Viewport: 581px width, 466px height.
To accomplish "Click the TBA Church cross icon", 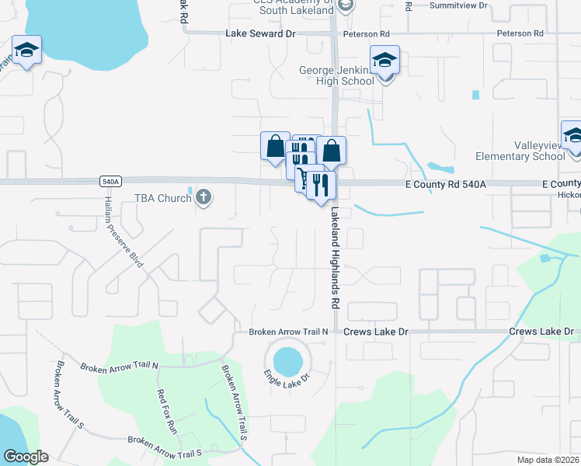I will tap(204, 197).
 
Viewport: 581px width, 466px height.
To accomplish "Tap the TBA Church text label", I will tap(163, 198).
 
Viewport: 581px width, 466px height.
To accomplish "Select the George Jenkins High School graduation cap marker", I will tap(384, 59).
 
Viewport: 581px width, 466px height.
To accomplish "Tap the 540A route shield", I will tap(110, 182).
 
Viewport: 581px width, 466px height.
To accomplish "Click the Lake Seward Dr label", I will tap(261, 34).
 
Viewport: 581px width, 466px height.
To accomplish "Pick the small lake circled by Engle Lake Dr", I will tap(287, 360).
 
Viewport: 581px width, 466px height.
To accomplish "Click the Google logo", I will tap(26, 457).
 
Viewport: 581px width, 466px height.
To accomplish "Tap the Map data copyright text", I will tap(548, 460).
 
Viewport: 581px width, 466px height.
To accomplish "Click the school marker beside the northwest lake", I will tap(27, 50).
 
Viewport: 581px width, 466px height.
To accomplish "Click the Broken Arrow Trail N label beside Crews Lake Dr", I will tap(289, 332).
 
